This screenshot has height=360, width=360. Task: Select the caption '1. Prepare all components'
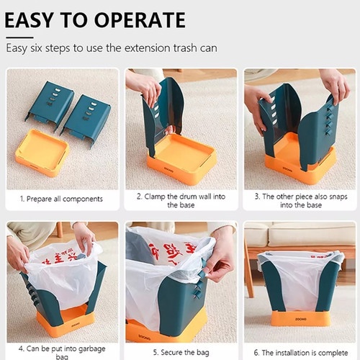pos(61,199)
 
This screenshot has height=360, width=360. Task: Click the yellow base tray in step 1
pos(42,153)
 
